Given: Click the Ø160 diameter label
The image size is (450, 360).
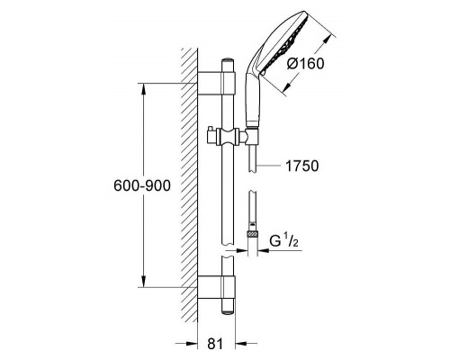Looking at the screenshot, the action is click(x=305, y=64).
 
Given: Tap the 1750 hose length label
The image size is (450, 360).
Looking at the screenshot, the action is click(x=302, y=166).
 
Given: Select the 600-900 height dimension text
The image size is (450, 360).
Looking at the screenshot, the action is click(x=142, y=185).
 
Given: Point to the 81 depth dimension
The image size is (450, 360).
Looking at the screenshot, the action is click(x=215, y=344).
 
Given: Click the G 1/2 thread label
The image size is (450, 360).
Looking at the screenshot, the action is click(x=283, y=241).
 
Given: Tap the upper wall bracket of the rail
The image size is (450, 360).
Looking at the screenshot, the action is click(x=216, y=84).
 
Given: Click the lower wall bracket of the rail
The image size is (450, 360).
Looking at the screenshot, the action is click(x=216, y=287).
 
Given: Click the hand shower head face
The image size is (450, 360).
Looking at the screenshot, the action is click(x=287, y=42).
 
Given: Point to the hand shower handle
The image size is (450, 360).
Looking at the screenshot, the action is click(x=252, y=99).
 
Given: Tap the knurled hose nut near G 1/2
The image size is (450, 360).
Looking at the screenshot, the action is click(x=253, y=234).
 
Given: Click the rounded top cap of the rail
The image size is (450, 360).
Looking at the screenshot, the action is click(x=229, y=60).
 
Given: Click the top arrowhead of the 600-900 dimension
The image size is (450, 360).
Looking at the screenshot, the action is click(x=144, y=88).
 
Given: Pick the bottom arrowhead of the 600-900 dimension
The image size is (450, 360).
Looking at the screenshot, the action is click(x=144, y=282).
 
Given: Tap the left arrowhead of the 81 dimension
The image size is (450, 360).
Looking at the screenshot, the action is click(x=192, y=343).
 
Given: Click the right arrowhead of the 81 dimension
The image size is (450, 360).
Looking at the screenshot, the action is click(x=241, y=343).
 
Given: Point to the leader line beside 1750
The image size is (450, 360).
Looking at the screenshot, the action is click(x=267, y=166).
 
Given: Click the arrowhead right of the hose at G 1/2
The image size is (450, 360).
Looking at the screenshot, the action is click(x=264, y=250).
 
